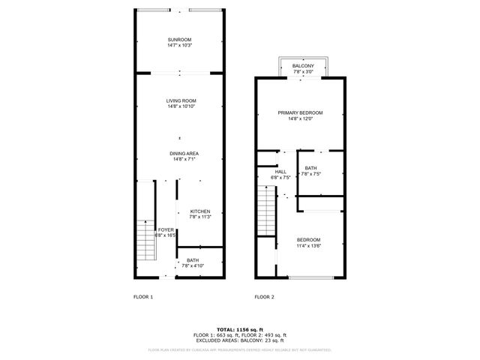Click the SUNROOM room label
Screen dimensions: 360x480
click(x=179, y=39)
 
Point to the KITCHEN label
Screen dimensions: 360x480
click(x=199, y=211)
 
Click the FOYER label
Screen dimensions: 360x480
click(x=166, y=229)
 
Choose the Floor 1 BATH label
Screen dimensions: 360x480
click(x=193, y=260)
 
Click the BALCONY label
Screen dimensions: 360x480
click(x=302, y=67)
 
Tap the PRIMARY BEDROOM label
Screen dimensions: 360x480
click(x=300, y=112)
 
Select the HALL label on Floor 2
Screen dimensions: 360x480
click(x=280, y=172)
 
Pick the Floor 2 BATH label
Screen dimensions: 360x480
click(x=310, y=168)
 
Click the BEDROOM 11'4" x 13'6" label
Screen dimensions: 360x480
click(x=308, y=239)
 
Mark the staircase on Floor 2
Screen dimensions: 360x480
click(x=267, y=211)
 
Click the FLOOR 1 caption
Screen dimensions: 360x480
click(x=142, y=297)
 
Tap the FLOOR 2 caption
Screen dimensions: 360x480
click(x=264, y=297)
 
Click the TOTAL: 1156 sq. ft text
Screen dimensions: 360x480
click(x=239, y=329)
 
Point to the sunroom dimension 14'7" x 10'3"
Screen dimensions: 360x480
click(x=179, y=45)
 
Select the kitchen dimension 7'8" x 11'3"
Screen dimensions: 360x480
click(x=199, y=217)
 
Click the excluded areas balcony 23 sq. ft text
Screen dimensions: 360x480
click(x=239, y=340)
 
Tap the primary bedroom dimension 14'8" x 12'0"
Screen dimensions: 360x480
click(x=300, y=118)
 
